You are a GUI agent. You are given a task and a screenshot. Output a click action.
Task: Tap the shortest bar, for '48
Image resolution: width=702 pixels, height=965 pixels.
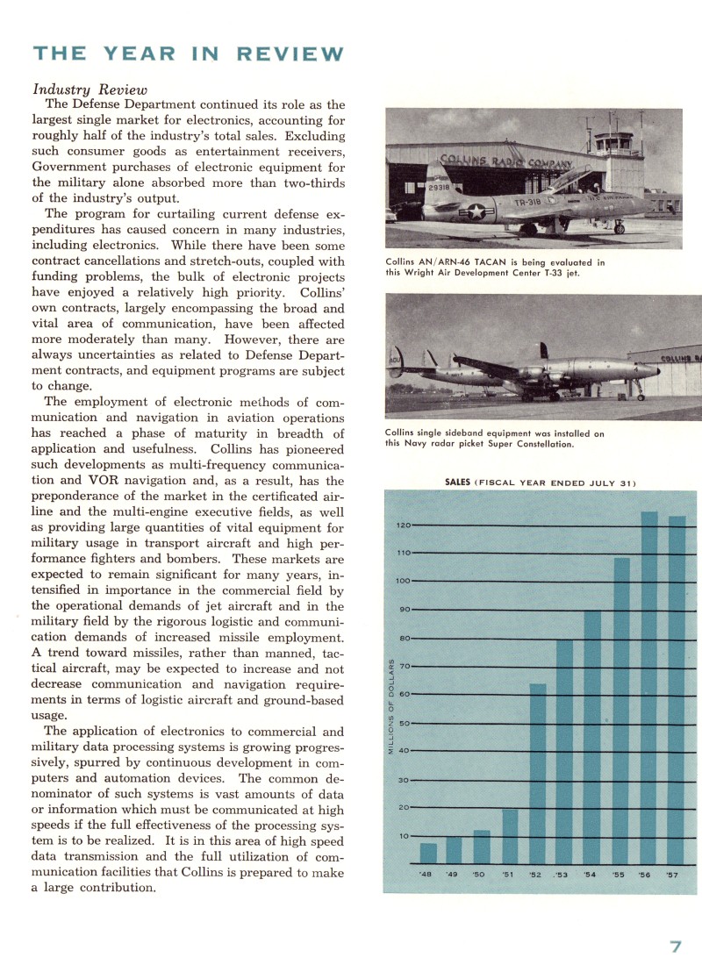tap(428, 853)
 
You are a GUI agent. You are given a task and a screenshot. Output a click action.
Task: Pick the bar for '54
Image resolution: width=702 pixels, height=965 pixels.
tap(592, 737)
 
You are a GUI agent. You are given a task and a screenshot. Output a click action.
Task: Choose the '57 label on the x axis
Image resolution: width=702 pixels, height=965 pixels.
tap(672, 875)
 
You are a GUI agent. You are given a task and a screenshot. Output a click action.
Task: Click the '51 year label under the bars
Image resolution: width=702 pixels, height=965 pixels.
tap(508, 875)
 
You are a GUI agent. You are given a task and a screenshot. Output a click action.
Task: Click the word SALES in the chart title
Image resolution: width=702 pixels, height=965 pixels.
tap(458, 482)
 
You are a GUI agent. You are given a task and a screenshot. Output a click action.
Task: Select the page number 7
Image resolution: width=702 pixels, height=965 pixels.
tap(676, 947)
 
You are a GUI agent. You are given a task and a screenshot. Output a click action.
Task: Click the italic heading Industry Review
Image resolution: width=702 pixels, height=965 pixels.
tap(90, 89)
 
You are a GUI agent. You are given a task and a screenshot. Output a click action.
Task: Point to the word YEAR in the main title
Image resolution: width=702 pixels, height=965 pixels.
tap(140, 54)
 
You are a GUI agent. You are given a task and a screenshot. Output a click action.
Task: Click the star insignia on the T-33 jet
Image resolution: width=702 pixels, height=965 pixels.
tap(476, 211)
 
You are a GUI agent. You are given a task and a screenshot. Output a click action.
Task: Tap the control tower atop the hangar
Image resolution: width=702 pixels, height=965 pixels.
tap(612, 140)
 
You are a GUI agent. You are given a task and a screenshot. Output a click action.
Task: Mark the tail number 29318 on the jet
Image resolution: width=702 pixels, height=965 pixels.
tap(441, 188)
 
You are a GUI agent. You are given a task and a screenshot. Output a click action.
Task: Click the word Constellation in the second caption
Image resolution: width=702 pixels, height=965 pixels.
tap(540, 444)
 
